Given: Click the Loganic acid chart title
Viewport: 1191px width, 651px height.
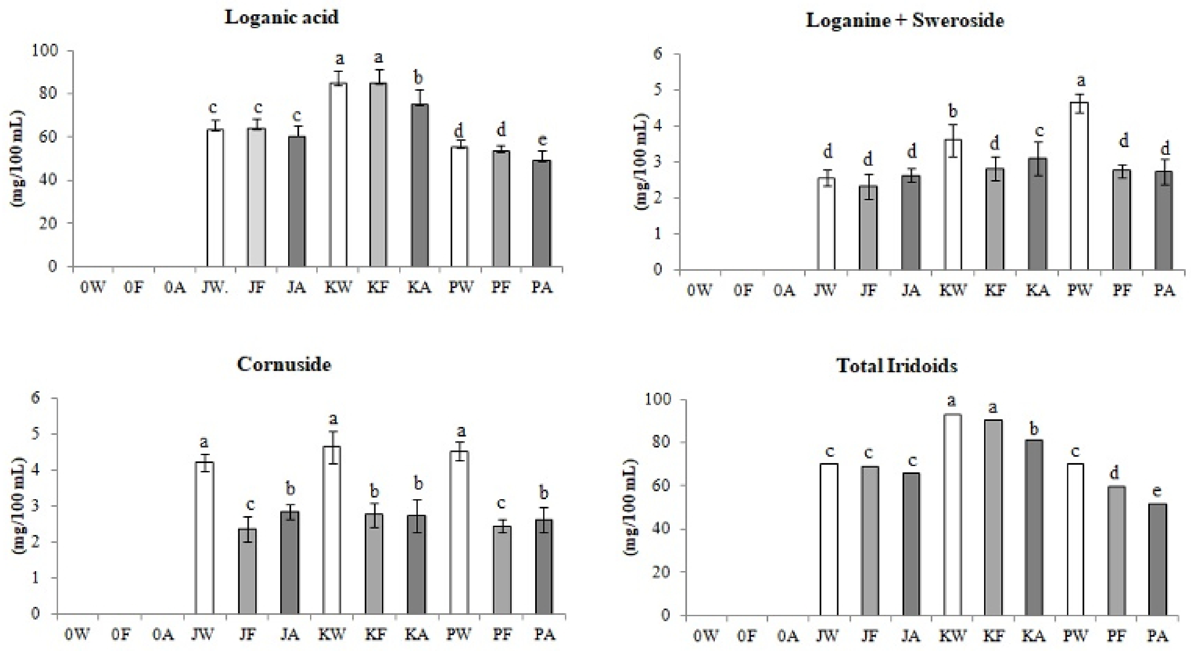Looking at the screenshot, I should pyautogui.click(x=282, y=18).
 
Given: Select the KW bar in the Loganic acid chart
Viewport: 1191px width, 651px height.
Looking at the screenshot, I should pyautogui.click(x=339, y=176).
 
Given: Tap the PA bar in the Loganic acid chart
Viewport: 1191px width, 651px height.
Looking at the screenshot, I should pyautogui.click(x=541, y=213).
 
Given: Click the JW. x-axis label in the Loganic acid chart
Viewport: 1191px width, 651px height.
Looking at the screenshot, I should pyautogui.click(x=215, y=288).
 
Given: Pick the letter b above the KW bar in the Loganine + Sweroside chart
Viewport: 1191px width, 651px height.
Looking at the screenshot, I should pyautogui.click(x=952, y=111).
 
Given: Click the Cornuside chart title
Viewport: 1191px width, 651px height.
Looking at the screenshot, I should pyautogui.click(x=284, y=365).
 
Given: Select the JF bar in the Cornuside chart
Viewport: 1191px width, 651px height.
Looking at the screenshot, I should pyautogui.click(x=247, y=571).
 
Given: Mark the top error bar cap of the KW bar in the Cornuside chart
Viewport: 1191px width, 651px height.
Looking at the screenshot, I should pyautogui.click(x=332, y=431).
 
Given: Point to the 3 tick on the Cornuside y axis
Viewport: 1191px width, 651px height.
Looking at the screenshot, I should pyautogui.click(x=35, y=506).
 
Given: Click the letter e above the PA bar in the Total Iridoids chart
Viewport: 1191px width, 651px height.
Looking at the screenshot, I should pyautogui.click(x=1158, y=490).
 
